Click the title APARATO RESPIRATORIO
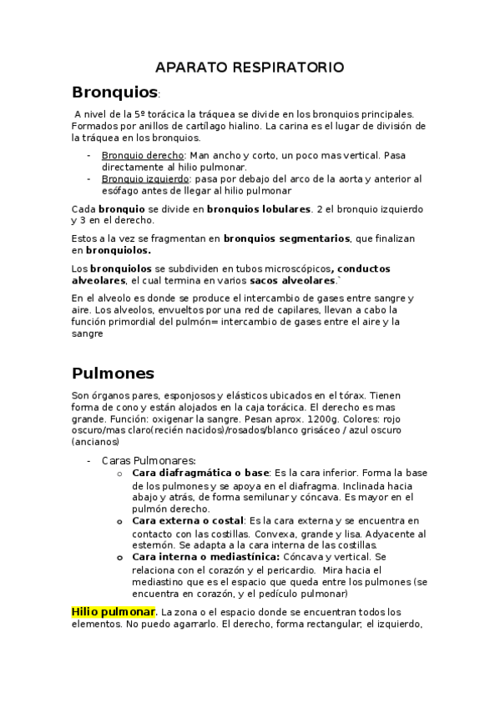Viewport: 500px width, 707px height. [x=250, y=67]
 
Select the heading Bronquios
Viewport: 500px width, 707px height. [x=114, y=91]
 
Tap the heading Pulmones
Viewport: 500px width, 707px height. [x=113, y=373]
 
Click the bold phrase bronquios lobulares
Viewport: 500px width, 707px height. [x=259, y=208]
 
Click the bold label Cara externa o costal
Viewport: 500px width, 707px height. [x=188, y=520]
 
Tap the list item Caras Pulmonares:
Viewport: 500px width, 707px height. [x=149, y=459]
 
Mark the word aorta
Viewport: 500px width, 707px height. [x=351, y=178]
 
